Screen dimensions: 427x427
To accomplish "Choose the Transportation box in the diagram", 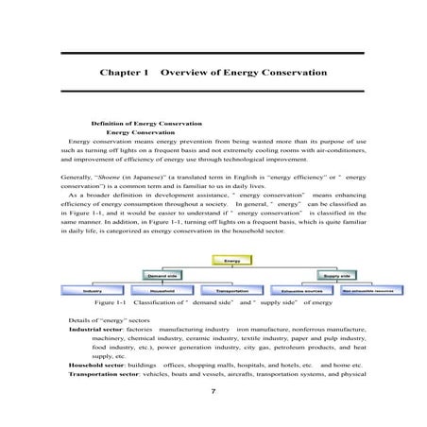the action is [x=231, y=291].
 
